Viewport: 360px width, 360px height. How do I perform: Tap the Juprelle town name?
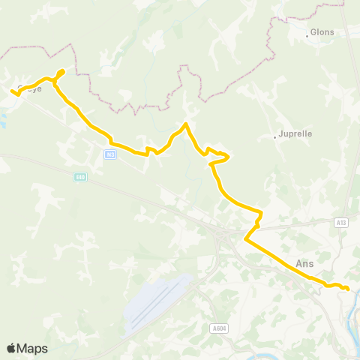click(x=295, y=134)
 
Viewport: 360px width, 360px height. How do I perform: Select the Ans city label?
click(x=304, y=264)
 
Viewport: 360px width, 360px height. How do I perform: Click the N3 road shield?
click(x=110, y=154)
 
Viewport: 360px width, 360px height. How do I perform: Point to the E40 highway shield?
click(x=80, y=177)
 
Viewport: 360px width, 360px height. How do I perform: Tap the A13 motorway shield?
click(x=342, y=222)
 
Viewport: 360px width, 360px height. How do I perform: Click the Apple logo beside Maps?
click(x=11, y=348)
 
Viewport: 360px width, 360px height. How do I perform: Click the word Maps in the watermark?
click(x=32, y=348)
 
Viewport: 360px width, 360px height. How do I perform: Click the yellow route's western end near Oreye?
click(x=13, y=91)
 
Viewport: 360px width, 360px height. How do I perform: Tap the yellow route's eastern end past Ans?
click(x=349, y=289)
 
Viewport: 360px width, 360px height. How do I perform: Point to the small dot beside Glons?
click(x=307, y=35)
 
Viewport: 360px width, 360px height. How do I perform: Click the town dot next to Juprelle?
click(x=275, y=137)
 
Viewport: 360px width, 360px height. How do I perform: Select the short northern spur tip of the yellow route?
click(x=62, y=71)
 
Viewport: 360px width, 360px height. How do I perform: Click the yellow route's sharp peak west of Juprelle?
click(x=185, y=124)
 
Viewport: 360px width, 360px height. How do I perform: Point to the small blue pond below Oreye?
click(x=3, y=120)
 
